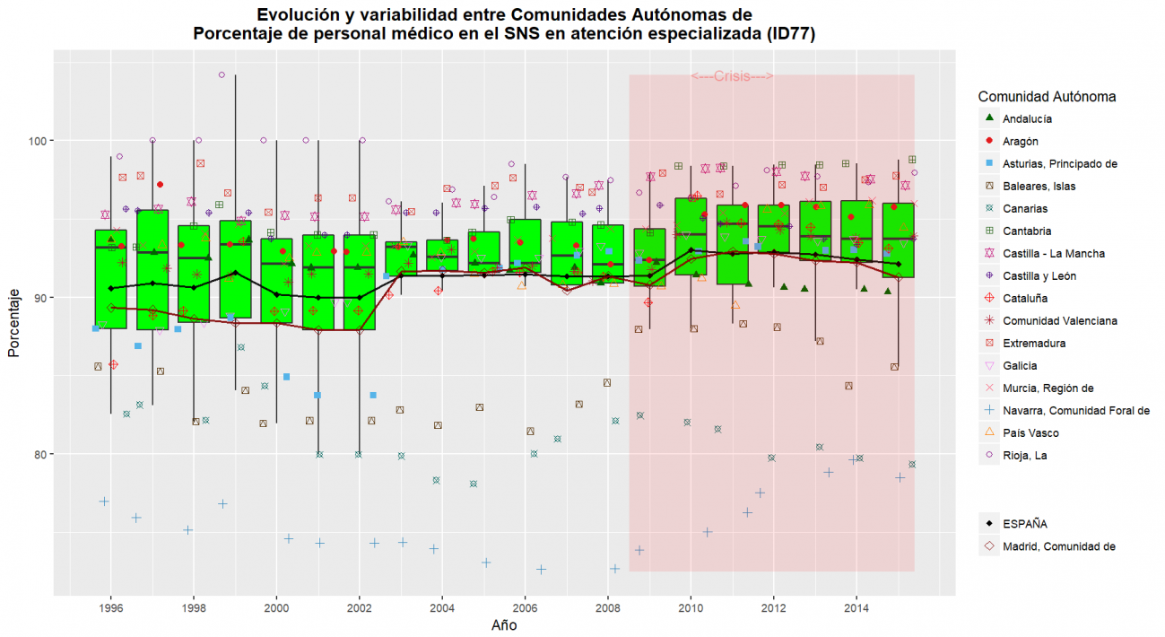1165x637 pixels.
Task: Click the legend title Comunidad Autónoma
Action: (1047, 96)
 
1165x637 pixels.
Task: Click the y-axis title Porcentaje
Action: (15, 323)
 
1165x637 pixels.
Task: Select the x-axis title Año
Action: (504, 625)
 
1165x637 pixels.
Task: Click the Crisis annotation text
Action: (733, 76)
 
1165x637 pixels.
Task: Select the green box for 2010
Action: (691, 236)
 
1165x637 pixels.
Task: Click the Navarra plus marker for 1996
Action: (104, 501)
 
